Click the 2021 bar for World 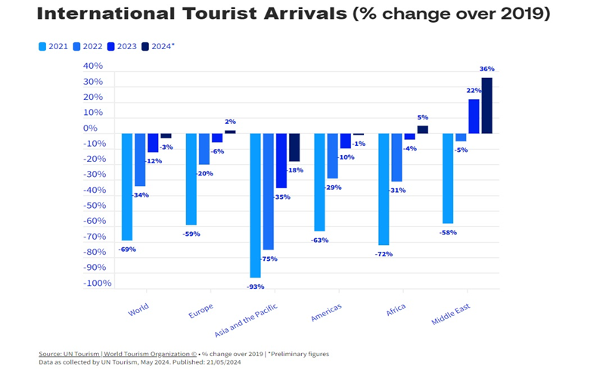pyautogui.click(x=127, y=187)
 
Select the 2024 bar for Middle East pyautogui.click(x=486, y=106)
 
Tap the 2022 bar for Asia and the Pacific pyautogui.click(x=269, y=192)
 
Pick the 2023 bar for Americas pyautogui.click(x=346, y=141)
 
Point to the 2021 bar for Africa pyautogui.click(x=384, y=189)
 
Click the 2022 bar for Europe pyautogui.click(x=204, y=149)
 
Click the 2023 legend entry pyautogui.click(x=122, y=46)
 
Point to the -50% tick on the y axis pyautogui.click(x=97, y=206)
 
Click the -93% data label pyautogui.click(x=255, y=287)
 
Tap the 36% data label pyautogui.click(x=486, y=69)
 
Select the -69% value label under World pyautogui.click(x=127, y=249)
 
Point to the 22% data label pyautogui.click(x=474, y=91)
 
